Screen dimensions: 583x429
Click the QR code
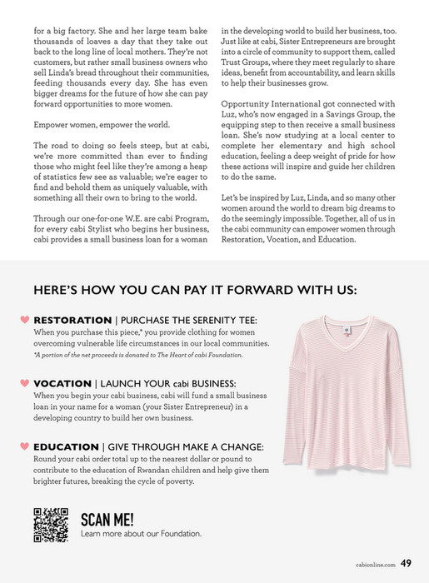pos(50,525)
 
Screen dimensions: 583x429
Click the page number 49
pos(406,563)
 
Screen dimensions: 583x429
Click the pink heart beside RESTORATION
pos(24,320)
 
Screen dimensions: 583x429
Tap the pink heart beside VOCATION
pos(24,383)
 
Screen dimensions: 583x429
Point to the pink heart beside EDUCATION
pos(24,446)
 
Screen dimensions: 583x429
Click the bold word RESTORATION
pos(72,320)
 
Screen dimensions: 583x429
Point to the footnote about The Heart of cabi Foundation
pos(138,355)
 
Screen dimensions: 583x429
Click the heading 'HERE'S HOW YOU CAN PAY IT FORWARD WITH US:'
pos(195,290)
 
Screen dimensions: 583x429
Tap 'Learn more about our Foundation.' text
pos(141,533)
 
